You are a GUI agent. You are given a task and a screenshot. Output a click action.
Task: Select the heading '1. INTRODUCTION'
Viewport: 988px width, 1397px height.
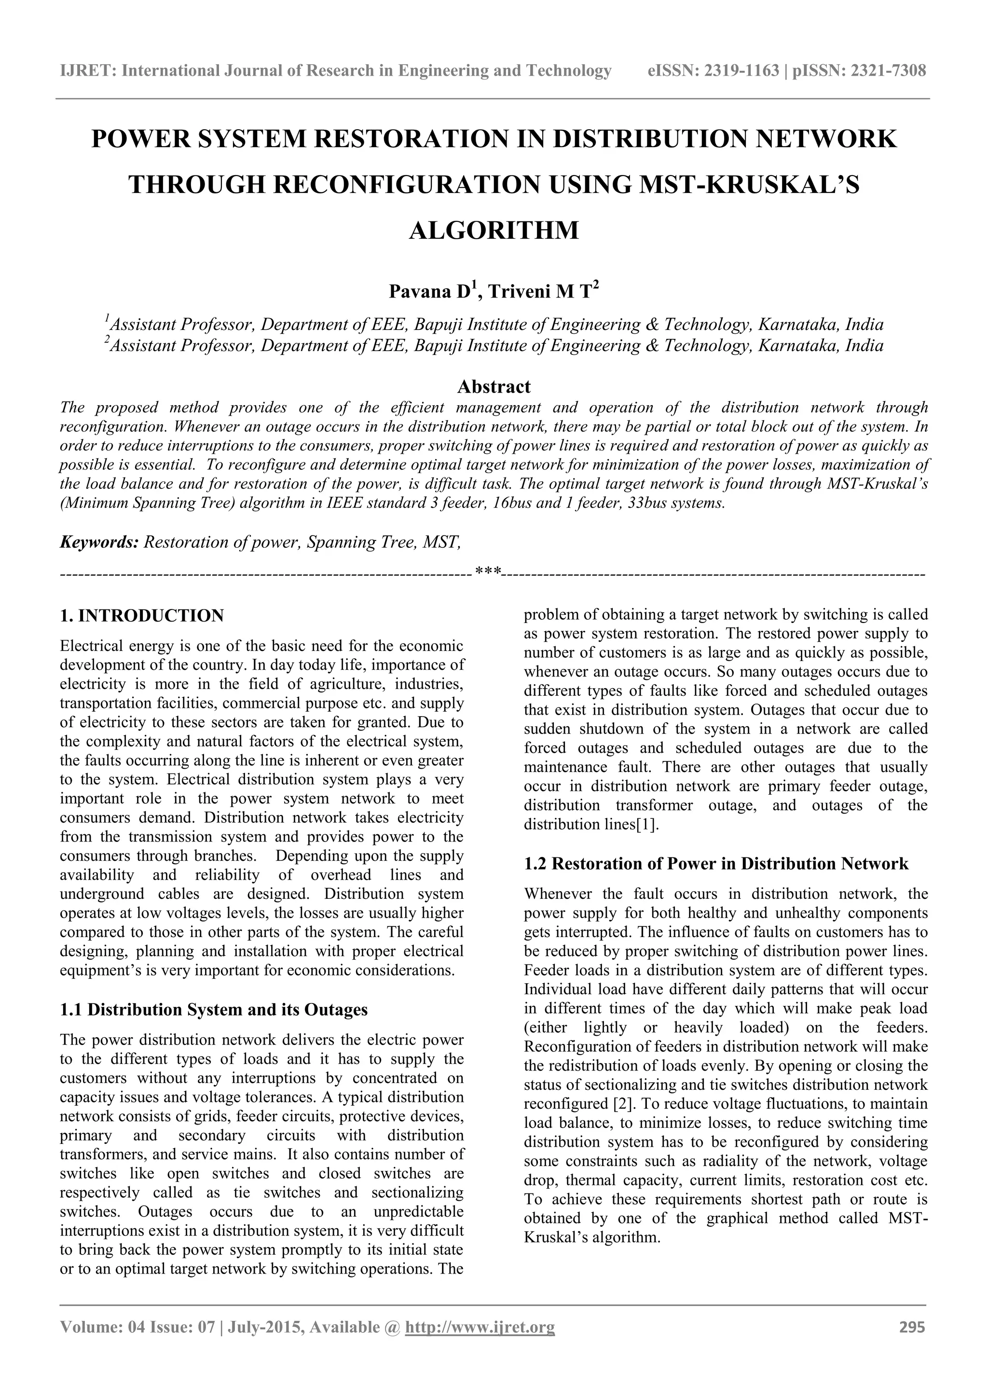142,615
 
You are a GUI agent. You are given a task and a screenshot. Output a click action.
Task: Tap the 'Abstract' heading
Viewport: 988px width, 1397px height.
493,386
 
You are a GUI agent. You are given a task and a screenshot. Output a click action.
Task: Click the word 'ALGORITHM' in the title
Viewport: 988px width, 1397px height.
493,231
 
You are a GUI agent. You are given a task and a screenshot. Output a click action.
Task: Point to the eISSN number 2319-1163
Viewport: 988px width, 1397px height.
741,71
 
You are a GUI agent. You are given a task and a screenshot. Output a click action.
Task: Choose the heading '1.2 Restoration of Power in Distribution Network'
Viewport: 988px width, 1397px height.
716,864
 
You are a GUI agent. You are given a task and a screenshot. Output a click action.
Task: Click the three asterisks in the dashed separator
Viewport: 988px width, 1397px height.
488,572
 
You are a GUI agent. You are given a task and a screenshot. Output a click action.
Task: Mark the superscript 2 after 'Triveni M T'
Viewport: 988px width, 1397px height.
596,286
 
